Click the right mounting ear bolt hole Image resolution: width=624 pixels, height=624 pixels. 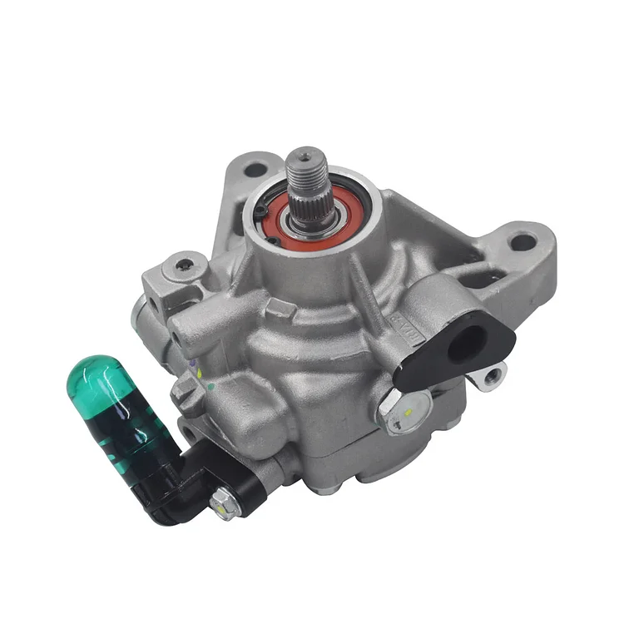[522, 242]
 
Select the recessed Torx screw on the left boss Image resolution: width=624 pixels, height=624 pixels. [184, 267]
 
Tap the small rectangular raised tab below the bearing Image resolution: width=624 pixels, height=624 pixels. [283, 309]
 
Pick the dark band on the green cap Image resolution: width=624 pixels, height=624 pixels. [116, 433]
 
